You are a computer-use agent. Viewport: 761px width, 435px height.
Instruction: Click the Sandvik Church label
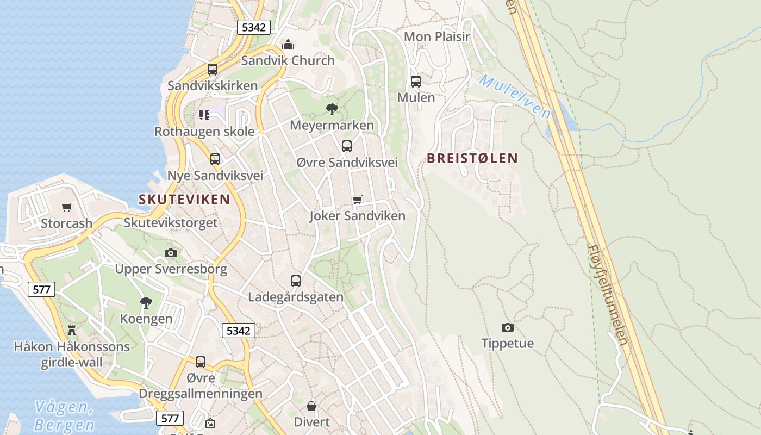(288, 60)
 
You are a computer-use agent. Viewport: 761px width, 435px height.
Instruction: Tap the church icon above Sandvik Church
(288, 44)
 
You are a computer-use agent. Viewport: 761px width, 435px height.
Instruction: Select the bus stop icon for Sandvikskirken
(213, 70)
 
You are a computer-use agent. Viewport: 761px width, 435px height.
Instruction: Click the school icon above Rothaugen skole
(204, 115)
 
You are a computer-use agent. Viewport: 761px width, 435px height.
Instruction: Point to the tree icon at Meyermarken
(332, 109)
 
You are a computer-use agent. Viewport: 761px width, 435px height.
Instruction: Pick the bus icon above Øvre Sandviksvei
(347, 146)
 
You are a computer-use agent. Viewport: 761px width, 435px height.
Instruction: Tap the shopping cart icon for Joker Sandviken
(357, 200)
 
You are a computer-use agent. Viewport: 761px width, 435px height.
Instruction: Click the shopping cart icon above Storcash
(66, 207)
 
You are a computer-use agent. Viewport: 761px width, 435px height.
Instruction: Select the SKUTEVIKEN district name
(184, 200)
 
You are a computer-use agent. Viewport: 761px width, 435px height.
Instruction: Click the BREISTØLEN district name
(472, 158)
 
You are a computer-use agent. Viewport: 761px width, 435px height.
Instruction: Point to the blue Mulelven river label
(515, 97)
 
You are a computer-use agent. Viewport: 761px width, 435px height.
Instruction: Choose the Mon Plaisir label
(438, 36)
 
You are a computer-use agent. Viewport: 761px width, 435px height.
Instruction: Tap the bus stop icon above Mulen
(416, 82)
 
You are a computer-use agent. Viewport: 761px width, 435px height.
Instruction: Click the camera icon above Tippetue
(507, 327)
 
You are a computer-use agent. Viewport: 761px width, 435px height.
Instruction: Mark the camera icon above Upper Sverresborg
(171, 253)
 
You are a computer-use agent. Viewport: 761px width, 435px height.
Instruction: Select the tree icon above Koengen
(146, 303)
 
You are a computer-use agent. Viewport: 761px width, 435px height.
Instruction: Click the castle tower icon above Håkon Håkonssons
(71, 330)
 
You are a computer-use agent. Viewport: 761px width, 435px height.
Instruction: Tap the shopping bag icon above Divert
(311, 406)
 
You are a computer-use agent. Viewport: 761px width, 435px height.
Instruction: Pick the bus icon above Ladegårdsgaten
(296, 281)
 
